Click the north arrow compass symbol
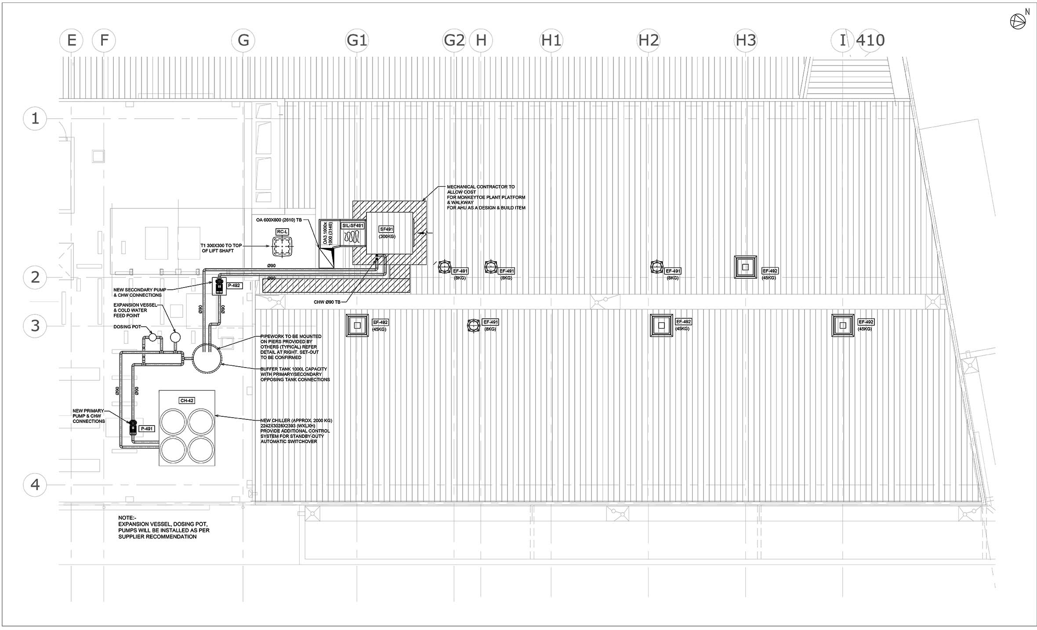click(1018, 21)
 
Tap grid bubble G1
click(357, 40)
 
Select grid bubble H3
click(746, 40)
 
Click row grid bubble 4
click(35, 484)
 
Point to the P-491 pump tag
click(147, 429)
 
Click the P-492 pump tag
click(234, 286)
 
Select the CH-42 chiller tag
click(187, 401)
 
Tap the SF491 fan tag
click(387, 229)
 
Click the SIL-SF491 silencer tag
click(353, 226)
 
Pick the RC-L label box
click(282, 232)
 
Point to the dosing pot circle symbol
click(152, 337)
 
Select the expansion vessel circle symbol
click(175, 337)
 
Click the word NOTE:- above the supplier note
click(127, 518)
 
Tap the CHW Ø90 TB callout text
click(327, 302)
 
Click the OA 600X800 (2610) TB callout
click(279, 220)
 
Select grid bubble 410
click(870, 40)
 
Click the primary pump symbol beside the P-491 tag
click(132, 427)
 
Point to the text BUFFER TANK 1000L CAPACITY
click(294, 369)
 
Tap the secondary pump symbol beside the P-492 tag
click(219, 286)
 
